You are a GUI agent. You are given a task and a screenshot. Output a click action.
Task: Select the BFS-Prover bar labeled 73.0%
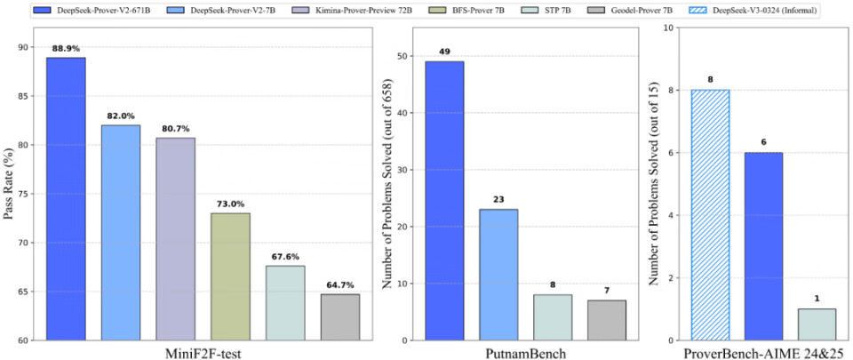pos(230,276)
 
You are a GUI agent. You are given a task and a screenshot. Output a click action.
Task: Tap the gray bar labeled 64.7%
pos(340,316)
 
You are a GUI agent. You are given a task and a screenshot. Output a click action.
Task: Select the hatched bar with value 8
pos(712,214)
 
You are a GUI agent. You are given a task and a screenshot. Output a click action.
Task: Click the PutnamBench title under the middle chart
pos(525,352)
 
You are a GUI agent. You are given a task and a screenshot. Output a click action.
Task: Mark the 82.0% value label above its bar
pos(120,116)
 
